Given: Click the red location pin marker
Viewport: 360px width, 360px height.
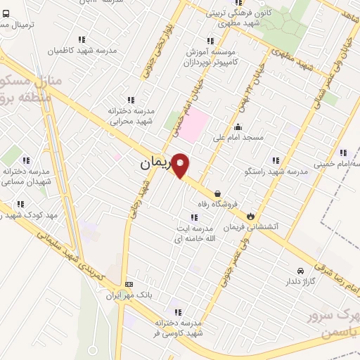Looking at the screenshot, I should [x=180, y=166].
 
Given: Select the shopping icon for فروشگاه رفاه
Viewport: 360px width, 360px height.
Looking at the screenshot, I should [x=217, y=193].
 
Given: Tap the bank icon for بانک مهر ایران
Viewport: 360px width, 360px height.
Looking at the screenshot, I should [x=128, y=284].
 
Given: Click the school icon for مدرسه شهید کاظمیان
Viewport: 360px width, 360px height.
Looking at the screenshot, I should [x=82, y=40].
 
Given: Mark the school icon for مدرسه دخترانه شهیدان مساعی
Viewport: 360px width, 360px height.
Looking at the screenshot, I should [x=27, y=161].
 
